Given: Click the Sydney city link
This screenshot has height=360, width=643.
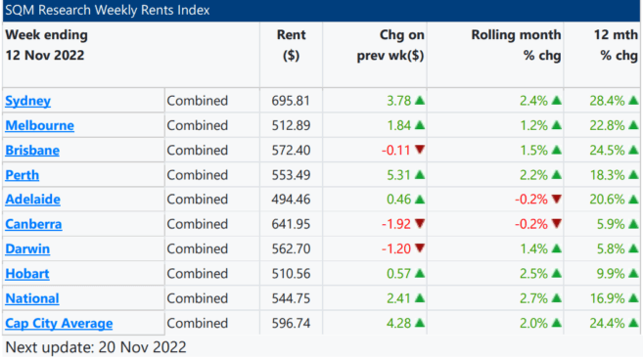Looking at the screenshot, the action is pos(27,101).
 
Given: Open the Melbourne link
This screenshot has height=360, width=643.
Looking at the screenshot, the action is pos(40,125).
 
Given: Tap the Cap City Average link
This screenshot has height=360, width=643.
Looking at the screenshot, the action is pos(59,324).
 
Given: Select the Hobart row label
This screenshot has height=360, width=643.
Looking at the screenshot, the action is pos(27,274).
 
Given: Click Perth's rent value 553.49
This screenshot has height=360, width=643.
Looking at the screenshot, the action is pos(291,175).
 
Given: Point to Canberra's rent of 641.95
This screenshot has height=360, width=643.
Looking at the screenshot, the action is pos(291,224).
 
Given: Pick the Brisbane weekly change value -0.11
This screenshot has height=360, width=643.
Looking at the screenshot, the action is pos(395,151).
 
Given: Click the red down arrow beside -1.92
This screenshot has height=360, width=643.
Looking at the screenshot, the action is pos(420,223).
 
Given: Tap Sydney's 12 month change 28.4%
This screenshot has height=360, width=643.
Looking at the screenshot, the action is pos(608,101).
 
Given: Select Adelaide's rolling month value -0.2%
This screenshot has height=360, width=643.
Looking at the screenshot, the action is pos(531,200).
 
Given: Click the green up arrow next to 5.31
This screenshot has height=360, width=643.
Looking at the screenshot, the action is pos(420,175).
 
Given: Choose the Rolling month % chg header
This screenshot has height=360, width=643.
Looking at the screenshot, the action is pos(516,45).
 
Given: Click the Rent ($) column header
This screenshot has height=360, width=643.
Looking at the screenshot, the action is pos(291,45).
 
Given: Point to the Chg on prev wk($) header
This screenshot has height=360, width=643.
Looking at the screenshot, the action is pos(390,45).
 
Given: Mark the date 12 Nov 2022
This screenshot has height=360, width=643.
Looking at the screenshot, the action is pos(45,56).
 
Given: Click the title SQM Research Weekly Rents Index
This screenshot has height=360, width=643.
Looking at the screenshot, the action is pos(108,10).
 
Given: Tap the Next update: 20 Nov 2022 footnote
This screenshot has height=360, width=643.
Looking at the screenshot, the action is pos(96,347).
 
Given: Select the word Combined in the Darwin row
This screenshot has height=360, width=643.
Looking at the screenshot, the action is pos(198,248).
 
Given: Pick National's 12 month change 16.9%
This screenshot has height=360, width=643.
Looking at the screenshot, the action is pos(608,298).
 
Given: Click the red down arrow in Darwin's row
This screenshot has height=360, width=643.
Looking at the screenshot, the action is pos(420,248).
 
